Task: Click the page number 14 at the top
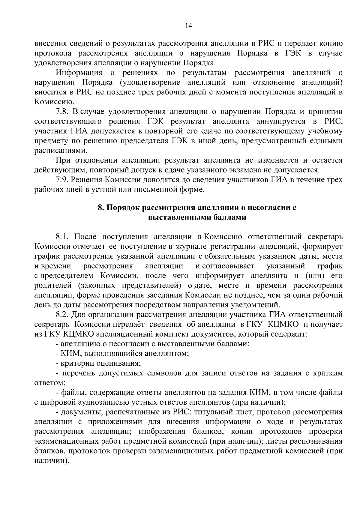188,26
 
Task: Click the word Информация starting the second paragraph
79,73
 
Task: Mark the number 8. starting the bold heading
101,208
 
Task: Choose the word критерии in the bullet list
77,363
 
